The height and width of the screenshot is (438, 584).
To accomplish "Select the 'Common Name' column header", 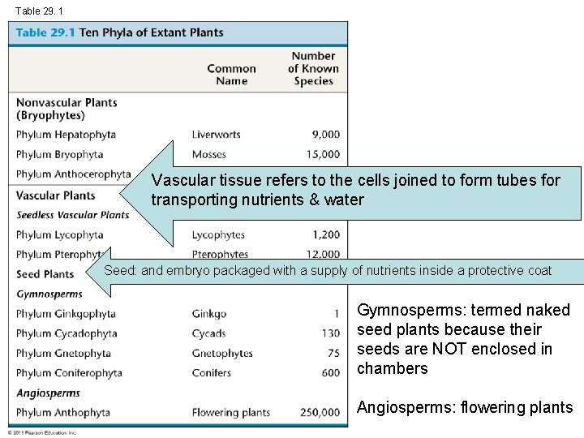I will pos(231,75).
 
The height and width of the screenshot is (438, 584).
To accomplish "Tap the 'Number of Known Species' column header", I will pos(313,68).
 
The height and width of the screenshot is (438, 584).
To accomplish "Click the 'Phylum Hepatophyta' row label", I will pos(66,135).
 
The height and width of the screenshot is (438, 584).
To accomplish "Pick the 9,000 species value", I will pos(325,135).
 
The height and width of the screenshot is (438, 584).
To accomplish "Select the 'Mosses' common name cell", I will pos(210,154).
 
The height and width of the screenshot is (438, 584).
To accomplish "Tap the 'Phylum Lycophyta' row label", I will pos(60,235).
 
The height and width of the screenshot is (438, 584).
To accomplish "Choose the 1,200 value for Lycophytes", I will pos(325,235).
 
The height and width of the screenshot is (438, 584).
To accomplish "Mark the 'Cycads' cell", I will pos(209,333).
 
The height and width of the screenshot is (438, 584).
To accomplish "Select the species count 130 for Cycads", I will pos(330,333).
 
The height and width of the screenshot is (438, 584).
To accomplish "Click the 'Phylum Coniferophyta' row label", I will pos(69,373).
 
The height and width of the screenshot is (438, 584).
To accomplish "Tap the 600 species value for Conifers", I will pos(330,373).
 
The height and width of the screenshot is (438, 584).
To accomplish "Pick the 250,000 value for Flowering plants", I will pos(320,413).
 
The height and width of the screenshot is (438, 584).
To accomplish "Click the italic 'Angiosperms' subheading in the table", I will pos(48,393).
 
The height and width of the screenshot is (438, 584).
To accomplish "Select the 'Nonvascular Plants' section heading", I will pos(67,103).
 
